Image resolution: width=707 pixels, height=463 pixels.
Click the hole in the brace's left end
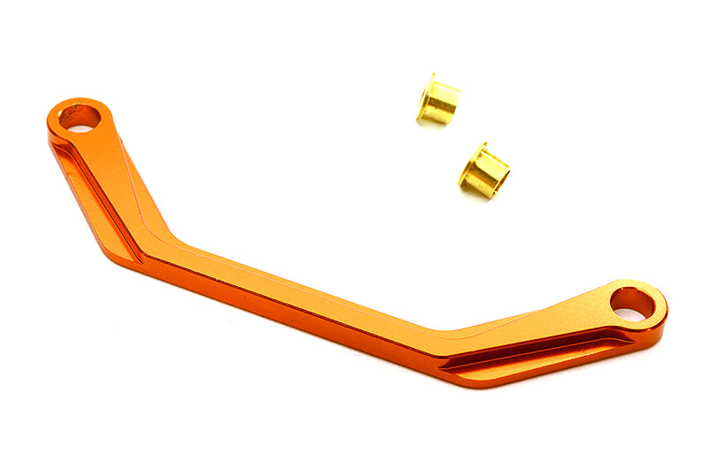(79, 116)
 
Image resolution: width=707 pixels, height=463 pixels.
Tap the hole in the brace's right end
(633, 303)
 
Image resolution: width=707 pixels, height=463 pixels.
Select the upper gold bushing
(437, 100)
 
